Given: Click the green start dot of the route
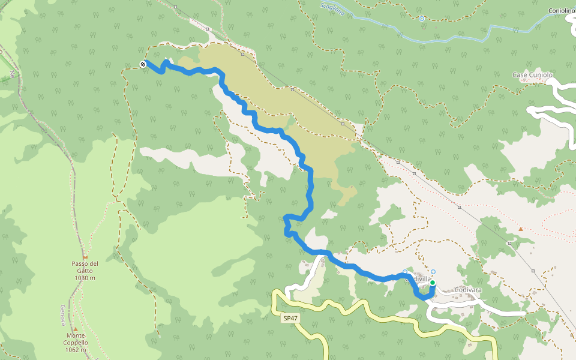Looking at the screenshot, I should coord(432,283).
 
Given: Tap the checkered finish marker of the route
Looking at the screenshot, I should coord(143,64).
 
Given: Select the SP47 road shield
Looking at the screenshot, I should coord(290,318).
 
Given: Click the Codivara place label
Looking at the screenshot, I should coord(468,290).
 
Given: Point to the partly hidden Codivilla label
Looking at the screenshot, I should coord(418,278).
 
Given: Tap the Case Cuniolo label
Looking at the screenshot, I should coord(532,74).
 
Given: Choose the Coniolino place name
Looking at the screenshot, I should coord(561,10).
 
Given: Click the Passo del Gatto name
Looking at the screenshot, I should coord(85,263).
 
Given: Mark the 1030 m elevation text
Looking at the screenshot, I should coord(85,278).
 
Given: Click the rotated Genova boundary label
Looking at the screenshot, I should coord(62,314).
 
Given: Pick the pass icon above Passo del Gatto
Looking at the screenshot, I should coord(85,256).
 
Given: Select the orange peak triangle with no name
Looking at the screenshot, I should coord(521,229).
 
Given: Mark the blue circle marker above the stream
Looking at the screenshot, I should coord(422,19).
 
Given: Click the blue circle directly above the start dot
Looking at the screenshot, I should coord(433,272).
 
